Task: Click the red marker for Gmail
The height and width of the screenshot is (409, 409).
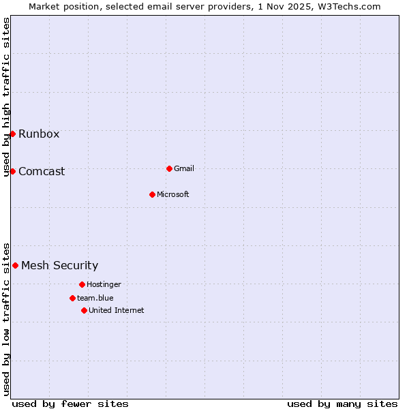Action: point(169,168)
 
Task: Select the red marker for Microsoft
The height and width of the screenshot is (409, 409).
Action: point(152,194)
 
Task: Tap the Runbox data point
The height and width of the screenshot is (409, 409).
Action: point(12,134)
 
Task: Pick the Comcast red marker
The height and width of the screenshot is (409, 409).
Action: point(12,171)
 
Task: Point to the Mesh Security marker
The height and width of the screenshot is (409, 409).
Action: point(15,265)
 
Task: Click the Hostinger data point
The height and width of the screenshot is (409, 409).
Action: point(82,284)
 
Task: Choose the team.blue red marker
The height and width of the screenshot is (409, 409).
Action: point(72,298)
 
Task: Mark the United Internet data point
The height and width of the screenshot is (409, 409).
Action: point(84,310)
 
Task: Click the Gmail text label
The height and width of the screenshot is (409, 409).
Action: point(184,168)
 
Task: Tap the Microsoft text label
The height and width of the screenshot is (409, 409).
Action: point(173,194)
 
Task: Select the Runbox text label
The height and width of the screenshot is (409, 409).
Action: point(39,134)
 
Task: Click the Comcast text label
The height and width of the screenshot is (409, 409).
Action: point(42,171)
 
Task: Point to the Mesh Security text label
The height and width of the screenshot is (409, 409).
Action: point(59,265)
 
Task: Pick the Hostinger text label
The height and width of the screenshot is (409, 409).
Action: point(104,284)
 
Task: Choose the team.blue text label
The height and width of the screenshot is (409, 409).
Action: point(95,298)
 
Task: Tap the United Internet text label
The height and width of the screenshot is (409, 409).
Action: point(117,310)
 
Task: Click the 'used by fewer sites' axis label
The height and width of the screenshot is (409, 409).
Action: point(70,404)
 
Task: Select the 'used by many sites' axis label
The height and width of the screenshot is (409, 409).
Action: point(342,404)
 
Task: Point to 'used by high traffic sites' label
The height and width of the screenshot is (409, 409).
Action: point(6,97)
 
